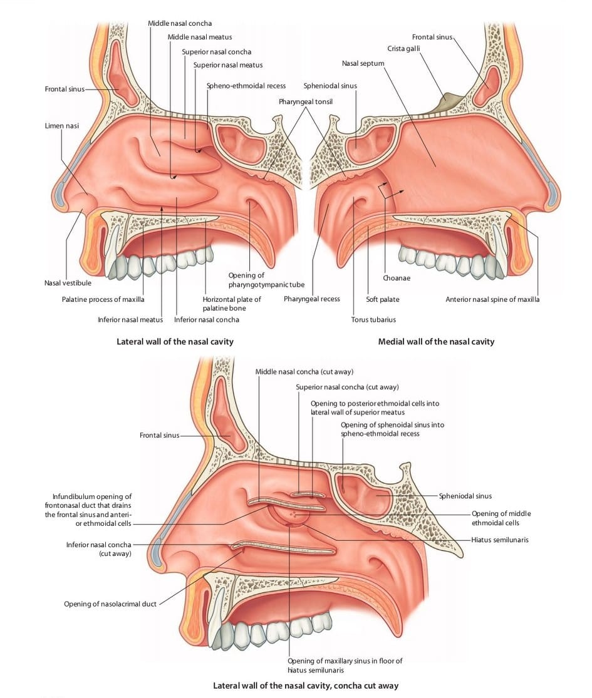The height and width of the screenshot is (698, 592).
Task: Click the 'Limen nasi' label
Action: click(61, 126)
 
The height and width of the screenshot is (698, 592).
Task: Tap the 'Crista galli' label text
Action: click(403, 49)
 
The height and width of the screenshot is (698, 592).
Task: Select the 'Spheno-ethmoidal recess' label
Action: click(246, 86)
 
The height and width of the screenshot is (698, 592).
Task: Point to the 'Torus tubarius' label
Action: click(373, 319)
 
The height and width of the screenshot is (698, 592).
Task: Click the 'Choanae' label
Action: click(397, 278)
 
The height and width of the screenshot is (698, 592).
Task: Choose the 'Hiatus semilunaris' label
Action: click(500, 540)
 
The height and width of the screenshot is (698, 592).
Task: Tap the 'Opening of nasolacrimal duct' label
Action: click(110, 604)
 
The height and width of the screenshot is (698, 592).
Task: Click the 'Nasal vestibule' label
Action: click(68, 283)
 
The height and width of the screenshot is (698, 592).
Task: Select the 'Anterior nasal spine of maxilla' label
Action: click(492, 299)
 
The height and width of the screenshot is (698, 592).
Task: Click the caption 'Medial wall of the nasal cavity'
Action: click(436, 341)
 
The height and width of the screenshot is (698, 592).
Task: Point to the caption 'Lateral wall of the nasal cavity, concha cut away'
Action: click(306, 685)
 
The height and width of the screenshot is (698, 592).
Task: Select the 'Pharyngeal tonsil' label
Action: click(306, 101)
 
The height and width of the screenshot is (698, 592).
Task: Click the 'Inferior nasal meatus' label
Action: click(130, 319)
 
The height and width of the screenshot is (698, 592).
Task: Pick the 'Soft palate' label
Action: click(383, 299)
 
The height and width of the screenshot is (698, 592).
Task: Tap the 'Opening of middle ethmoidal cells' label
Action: click(501, 518)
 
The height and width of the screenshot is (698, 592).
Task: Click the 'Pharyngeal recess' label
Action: click(312, 299)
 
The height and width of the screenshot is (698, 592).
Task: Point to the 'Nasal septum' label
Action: click(363, 63)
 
